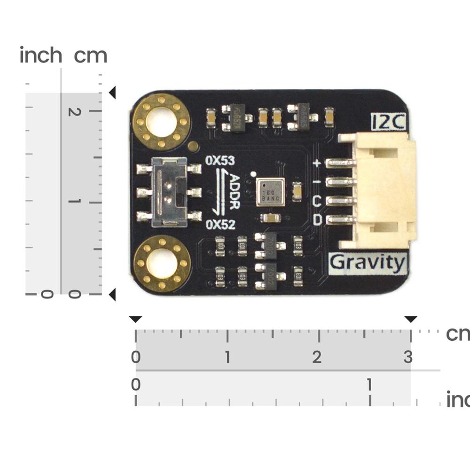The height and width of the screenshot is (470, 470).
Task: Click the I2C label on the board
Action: coord(389,123)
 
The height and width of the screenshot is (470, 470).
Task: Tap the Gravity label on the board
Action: coord(368,263)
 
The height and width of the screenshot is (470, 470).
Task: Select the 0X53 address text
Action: coord(220,161)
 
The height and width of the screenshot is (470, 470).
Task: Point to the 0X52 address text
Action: coord(220,225)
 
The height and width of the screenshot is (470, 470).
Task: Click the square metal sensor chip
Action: coord(271,192)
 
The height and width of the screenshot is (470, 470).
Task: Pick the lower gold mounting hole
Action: coord(162,262)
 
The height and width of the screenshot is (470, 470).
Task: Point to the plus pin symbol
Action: coord(317,164)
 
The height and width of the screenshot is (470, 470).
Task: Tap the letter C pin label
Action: coord(317,202)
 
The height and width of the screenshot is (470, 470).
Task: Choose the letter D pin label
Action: coord(317,220)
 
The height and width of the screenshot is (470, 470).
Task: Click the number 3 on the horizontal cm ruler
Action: coord(407,357)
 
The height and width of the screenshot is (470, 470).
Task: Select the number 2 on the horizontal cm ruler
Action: coord(317,357)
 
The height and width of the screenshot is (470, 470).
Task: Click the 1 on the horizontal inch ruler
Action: coord(369,385)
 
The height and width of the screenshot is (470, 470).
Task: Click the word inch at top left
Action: coord(41,55)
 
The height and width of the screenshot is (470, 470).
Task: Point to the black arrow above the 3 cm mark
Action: coord(411,320)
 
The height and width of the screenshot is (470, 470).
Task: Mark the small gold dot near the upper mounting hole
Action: coord(193,146)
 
